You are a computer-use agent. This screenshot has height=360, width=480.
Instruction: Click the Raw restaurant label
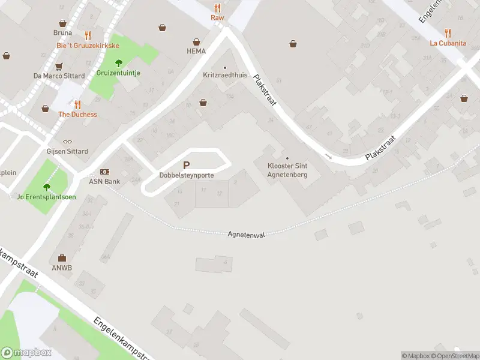(x=217, y=17)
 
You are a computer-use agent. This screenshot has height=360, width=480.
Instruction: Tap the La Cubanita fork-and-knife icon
(x=448, y=33)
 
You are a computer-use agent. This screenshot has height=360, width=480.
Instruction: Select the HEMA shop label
(x=196, y=51)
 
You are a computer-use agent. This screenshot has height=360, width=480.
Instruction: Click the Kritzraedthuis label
(x=225, y=76)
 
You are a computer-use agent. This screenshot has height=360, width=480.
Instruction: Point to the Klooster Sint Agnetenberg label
(x=287, y=170)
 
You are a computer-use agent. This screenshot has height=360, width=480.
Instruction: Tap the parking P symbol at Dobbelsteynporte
(x=186, y=165)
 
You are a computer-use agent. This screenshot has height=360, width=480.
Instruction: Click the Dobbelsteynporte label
(x=186, y=175)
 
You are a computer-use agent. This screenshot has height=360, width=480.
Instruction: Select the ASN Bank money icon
(x=104, y=172)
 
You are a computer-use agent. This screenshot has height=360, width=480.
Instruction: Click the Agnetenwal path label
(x=246, y=235)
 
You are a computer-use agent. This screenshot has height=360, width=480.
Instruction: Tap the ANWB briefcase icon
(x=62, y=258)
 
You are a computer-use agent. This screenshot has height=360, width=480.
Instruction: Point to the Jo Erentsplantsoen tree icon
(x=46, y=187)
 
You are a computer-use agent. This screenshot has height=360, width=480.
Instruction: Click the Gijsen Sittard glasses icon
(x=67, y=142)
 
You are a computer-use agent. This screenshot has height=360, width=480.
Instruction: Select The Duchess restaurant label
(x=77, y=115)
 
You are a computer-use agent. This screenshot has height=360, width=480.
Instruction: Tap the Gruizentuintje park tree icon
(x=118, y=63)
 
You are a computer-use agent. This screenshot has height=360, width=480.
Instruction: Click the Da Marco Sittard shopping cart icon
(x=59, y=67)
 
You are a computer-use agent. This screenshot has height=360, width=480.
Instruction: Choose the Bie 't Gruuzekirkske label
(x=88, y=46)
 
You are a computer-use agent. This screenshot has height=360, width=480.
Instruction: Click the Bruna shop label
(x=62, y=33)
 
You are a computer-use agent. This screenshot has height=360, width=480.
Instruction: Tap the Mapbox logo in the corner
(x=26, y=353)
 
